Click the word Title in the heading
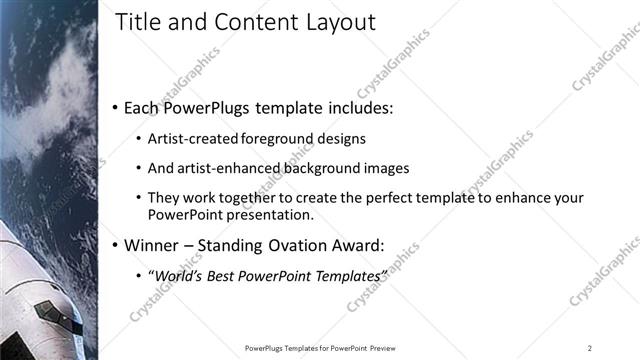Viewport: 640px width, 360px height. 138,22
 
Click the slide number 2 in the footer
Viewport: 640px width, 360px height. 590,348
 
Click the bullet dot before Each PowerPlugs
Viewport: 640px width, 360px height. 116,108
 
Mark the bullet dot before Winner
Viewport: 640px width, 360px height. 116,245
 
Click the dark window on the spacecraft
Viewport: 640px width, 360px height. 44,310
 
